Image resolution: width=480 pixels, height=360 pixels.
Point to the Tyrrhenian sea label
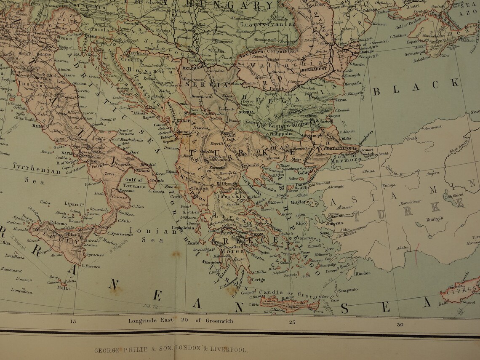(x=37, y=171)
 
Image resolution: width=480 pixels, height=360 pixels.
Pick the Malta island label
(x=64, y=288)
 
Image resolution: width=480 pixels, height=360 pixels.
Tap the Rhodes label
(x=363, y=273)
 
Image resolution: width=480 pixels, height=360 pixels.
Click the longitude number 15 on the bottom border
(x=73, y=322)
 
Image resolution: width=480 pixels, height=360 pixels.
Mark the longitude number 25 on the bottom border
(x=292, y=323)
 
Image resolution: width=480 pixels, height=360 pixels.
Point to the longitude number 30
(x=400, y=324)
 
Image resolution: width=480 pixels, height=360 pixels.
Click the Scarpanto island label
(x=347, y=290)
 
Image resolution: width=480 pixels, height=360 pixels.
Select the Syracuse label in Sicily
(x=93, y=255)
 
